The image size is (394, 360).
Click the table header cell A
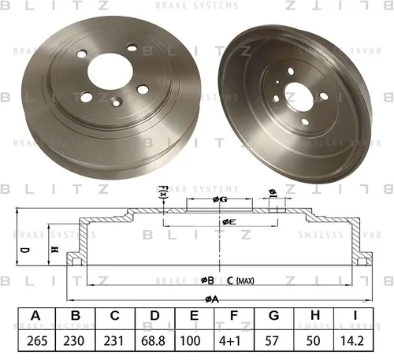point(36,316)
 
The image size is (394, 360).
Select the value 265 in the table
point(37,341)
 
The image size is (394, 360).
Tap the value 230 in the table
point(74,341)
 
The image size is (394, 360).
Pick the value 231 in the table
point(113,341)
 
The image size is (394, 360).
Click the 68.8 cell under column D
point(153,341)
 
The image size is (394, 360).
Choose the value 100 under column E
point(191,341)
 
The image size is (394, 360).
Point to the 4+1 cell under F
point(229,341)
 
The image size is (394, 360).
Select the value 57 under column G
point(272,341)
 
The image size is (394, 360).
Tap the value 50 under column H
point(313,341)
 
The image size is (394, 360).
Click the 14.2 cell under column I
point(352,341)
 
